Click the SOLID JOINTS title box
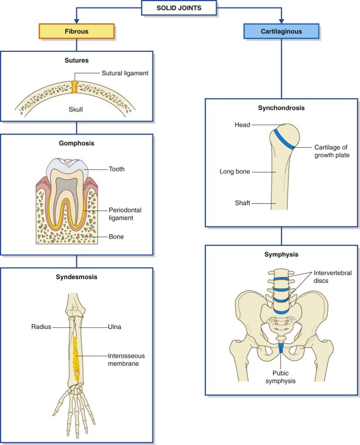[179, 8]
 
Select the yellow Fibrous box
[77, 31]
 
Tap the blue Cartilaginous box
[281, 31]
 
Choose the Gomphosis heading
[76, 144]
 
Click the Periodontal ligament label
[125, 213]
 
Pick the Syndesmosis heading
[76, 277]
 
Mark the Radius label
[41, 327]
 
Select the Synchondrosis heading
[281, 108]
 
